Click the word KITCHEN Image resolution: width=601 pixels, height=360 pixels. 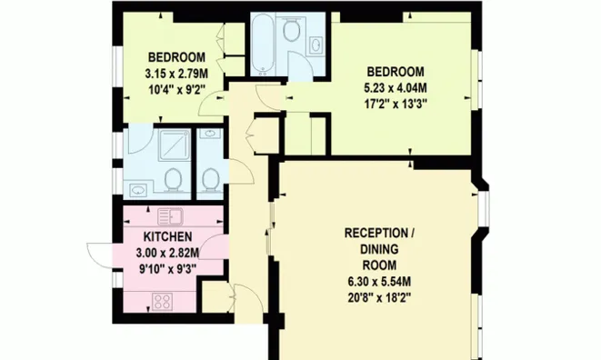168,236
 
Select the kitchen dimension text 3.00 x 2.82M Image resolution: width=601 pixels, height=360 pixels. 167,253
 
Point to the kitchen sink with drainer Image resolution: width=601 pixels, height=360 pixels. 170,216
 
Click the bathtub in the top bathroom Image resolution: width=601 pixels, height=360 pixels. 263,44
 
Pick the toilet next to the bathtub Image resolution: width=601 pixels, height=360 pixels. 291,29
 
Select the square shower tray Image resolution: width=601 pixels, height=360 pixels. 175,145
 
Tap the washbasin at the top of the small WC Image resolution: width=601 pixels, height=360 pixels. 210,134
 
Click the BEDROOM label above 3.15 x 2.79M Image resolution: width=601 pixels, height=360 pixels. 176,57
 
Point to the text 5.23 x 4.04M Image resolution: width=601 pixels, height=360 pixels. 396,88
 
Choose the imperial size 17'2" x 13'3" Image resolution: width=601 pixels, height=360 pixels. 396,104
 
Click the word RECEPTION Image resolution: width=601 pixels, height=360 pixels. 376,233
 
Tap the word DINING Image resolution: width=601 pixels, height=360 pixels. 379,249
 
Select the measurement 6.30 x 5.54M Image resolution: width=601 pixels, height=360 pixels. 379,282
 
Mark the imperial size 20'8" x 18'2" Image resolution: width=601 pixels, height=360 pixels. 379,298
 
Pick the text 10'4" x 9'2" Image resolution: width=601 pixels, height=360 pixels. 176,90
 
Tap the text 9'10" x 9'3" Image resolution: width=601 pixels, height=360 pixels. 167,269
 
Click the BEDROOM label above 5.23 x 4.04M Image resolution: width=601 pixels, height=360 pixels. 396,72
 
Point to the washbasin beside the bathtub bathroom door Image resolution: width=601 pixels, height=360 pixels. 316,45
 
